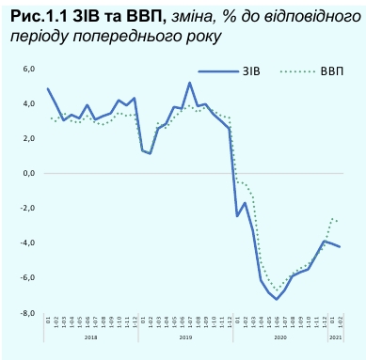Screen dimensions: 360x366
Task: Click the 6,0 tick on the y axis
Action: [28, 69]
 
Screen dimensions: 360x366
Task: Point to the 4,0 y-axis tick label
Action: [28, 103]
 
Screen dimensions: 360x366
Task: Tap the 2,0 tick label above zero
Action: [28, 138]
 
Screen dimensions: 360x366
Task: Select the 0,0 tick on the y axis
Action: [28, 174]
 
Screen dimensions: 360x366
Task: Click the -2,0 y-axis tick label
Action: [27, 209]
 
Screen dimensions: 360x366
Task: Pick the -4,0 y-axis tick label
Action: [27, 243]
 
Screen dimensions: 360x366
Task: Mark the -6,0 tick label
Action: [27, 278]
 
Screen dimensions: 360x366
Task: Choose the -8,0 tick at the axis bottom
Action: [27, 313]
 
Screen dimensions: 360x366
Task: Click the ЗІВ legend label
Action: [251, 70]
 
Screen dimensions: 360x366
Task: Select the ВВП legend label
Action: [330, 70]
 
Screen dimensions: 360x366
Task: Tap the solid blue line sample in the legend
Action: [215, 70]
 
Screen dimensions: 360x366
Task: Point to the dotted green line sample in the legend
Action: [296, 70]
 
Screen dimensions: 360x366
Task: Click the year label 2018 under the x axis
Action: [91, 337]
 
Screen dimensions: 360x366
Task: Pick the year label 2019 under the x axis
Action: [185, 337]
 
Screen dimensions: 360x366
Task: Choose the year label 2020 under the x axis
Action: [279, 337]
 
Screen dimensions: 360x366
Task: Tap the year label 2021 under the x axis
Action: [337, 337]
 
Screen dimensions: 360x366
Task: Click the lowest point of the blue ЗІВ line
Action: [278, 299]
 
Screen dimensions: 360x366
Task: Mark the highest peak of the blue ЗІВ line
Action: [190, 83]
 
